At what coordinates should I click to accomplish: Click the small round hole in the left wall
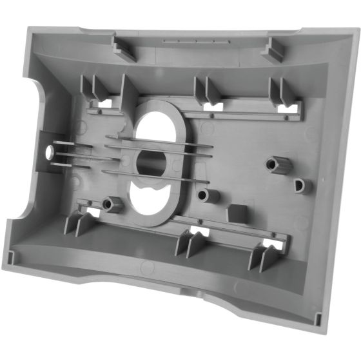50,152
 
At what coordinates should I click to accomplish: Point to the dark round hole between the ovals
152,162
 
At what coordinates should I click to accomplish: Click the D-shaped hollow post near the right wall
301,186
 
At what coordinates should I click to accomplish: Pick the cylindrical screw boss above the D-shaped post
280,164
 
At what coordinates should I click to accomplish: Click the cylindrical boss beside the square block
208,195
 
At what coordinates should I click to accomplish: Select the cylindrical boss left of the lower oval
113,204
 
